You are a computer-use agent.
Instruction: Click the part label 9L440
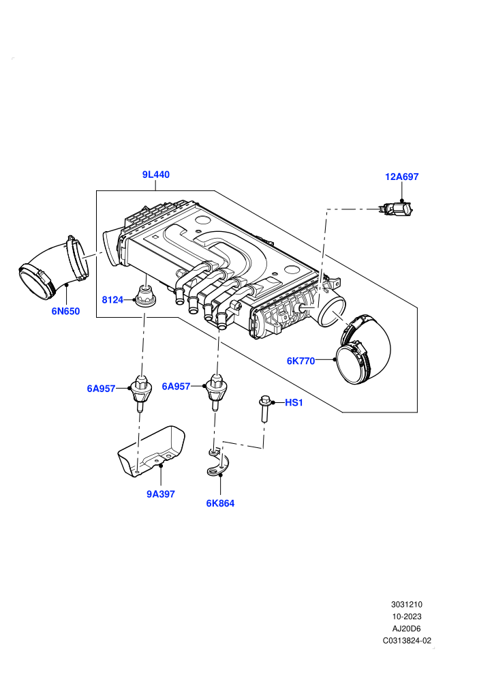pyautogui.click(x=155, y=175)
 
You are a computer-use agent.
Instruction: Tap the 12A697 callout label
pyautogui.click(x=401, y=177)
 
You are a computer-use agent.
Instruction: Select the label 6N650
pyautogui.click(x=66, y=311)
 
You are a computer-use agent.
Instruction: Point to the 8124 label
pyautogui.click(x=112, y=299)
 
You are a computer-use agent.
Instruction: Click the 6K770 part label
pyautogui.click(x=301, y=361)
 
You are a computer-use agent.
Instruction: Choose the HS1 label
pyautogui.click(x=294, y=402)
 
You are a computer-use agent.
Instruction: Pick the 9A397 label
pyautogui.click(x=160, y=494)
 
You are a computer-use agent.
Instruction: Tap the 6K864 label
pyautogui.click(x=220, y=502)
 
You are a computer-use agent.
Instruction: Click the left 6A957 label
pyautogui.click(x=101, y=389)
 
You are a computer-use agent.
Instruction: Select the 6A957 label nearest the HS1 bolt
pyautogui.click(x=176, y=386)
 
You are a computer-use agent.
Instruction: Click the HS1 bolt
pyautogui.click(x=264, y=409)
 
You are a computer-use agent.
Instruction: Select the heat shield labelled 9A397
pyautogui.click(x=151, y=452)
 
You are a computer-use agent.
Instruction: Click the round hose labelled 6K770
pyautogui.click(x=363, y=351)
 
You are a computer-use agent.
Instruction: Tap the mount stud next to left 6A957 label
pyautogui.click(x=140, y=392)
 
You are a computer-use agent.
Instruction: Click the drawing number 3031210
pyautogui.click(x=406, y=604)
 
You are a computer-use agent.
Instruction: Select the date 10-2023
pyautogui.click(x=406, y=616)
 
